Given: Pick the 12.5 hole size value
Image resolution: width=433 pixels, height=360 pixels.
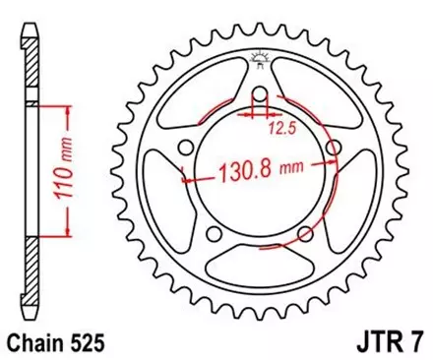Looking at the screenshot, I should [x=285, y=126].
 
